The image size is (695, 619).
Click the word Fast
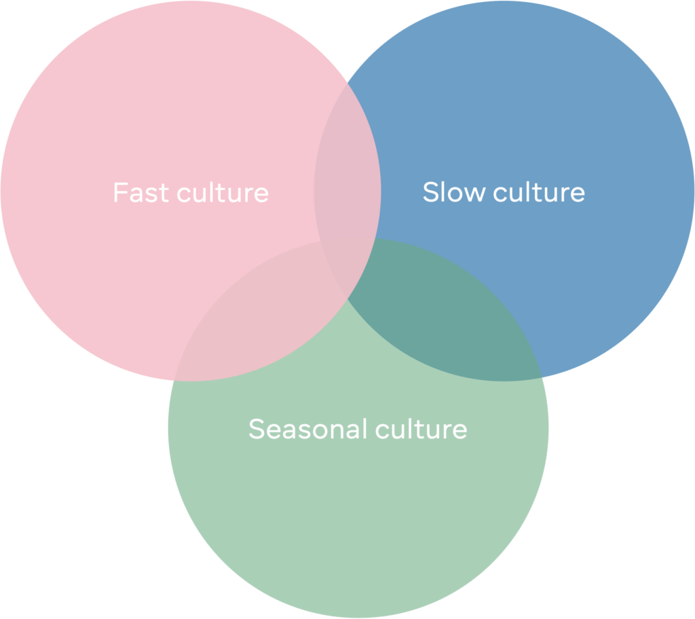(141, 193)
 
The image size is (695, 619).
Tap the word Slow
(454, 192)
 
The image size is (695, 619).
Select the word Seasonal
(308, 429)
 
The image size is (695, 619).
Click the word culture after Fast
(223, 193)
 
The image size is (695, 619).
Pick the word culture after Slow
(539, 192)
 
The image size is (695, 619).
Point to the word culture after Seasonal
(421, 429)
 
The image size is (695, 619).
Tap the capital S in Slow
(430, 192)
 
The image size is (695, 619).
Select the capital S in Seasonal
(257, 429)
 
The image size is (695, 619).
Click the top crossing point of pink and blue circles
(347, 83)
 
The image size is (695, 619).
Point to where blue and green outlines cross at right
(542, 377)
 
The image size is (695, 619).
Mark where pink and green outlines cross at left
(173, 381)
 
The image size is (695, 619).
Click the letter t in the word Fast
(164, 193)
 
